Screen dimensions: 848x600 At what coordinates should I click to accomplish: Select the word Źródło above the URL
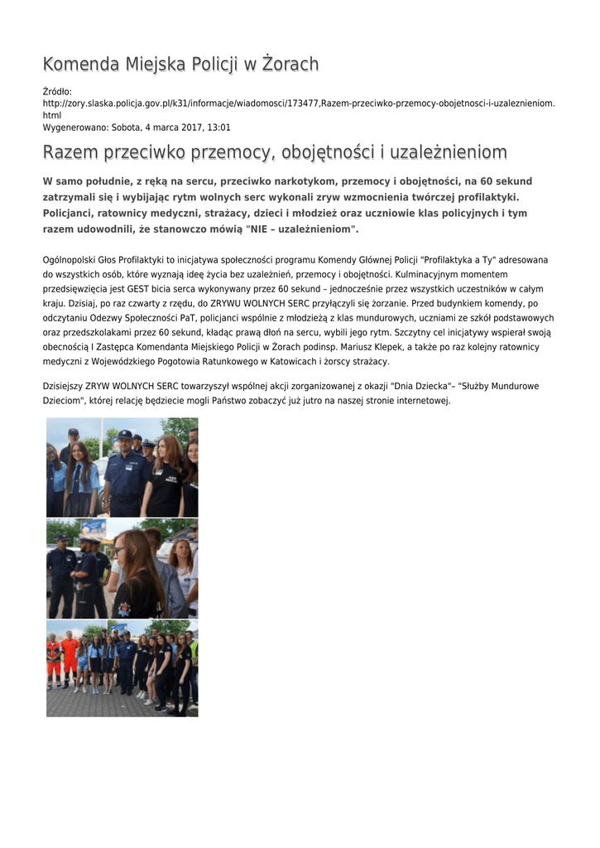coord(57,90)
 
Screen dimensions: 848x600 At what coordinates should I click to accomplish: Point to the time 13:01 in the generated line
coord(219,128)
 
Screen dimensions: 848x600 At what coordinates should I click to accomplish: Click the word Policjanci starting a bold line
coord(72,213)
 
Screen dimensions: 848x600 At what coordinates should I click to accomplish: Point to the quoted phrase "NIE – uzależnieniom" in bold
coord(301,229)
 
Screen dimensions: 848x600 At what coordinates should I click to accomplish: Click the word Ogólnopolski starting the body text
coord(70,260)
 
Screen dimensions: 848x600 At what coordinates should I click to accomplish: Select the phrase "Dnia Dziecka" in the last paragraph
coord(419,387)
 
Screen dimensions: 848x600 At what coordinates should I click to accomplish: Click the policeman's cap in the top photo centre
coord(125,434)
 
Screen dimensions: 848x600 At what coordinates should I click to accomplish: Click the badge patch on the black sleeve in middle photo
coord(124,608)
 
